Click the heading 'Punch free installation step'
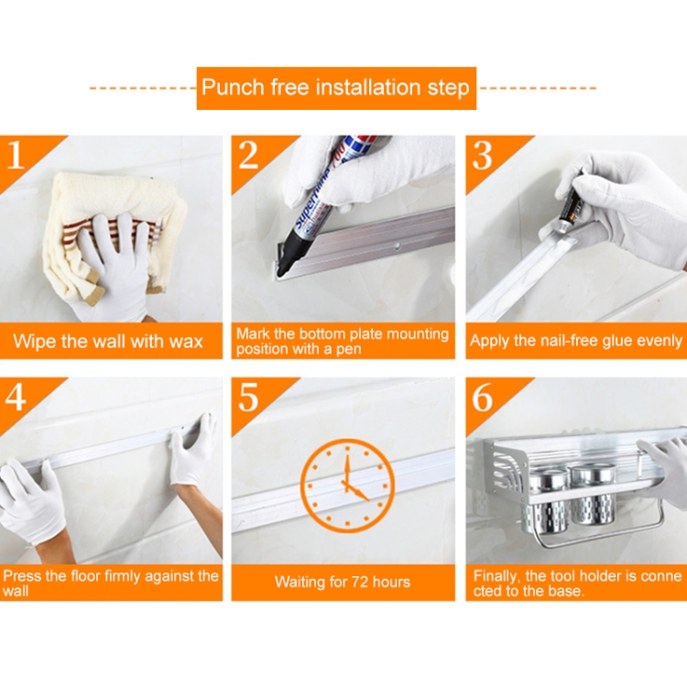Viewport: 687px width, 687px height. [335, 88]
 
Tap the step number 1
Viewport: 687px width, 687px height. [15, 155]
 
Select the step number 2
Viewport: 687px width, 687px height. [248, 155]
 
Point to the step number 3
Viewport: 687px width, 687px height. [483, 155]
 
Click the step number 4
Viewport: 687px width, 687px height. [16, 398]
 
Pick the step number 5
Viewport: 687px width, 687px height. [248, 398]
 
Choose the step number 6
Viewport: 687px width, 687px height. [483, 398]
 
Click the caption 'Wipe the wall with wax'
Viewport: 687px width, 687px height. [108, 342]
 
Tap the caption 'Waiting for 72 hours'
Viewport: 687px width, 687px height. [343, 582]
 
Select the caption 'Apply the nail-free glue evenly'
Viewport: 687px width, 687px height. [576, 341]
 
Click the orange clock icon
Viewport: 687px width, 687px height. [347, 485]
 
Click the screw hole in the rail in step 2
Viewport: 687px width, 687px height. [398, 245]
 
